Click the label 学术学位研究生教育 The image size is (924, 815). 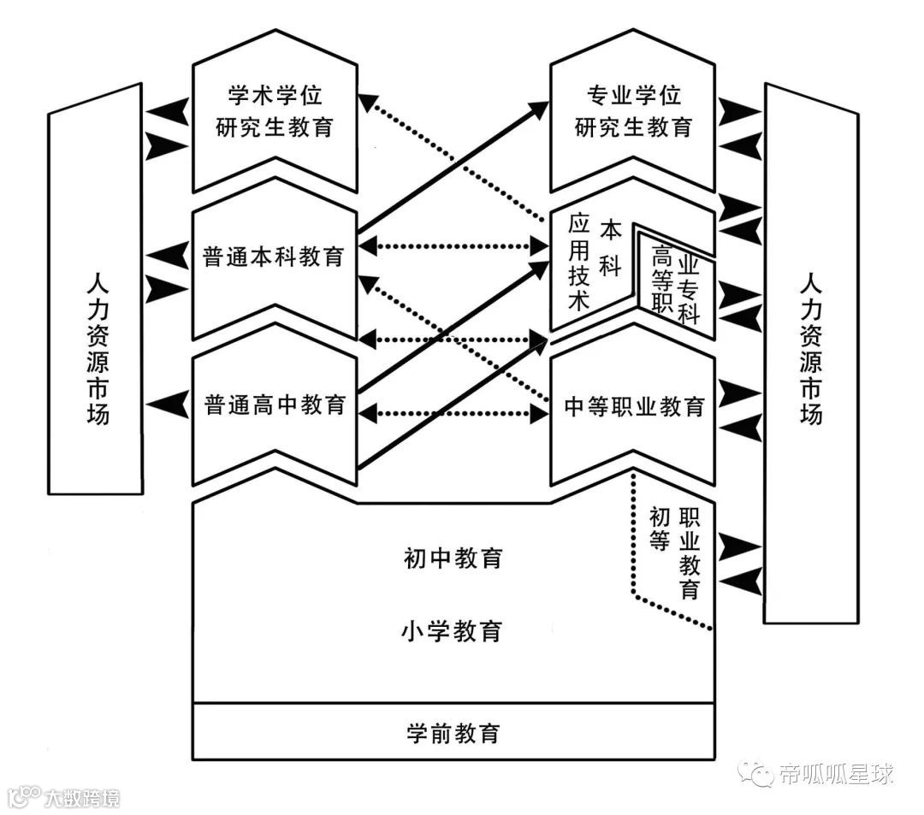point(274,111)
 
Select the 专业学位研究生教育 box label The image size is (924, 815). point(632,111)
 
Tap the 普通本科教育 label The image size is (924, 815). point(274,257)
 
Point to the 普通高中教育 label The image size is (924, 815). point(275,403)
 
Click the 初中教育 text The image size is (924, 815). point(453,558)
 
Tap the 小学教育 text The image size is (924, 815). point(453,632)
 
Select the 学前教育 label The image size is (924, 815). point(453,733)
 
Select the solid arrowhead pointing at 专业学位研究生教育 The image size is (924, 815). point(539,108)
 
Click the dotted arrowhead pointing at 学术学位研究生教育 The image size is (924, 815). point(368,103)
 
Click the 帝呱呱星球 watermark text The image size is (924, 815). point(836,775)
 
